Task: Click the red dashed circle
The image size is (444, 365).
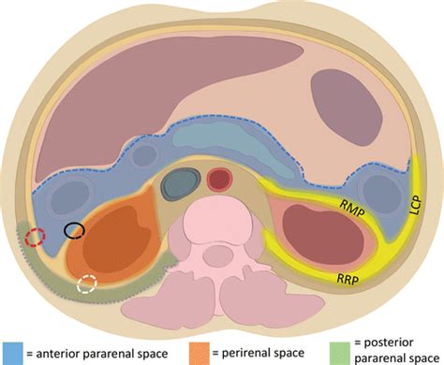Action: (35, 237)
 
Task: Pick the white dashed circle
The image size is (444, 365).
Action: (88, 285)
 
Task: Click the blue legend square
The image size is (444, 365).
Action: (11, 352)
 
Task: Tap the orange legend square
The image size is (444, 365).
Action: (200, 352)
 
